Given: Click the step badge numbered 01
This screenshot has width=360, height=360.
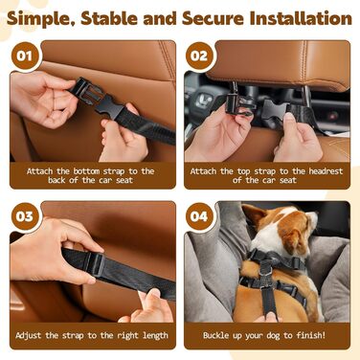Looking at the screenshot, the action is click(x=24, y=56).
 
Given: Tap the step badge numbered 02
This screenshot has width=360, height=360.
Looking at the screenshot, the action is click(x=199, y=56).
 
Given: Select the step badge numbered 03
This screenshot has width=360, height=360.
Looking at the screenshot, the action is click(x=24, y=216).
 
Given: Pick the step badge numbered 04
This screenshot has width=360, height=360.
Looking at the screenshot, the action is click(x=199, y=216).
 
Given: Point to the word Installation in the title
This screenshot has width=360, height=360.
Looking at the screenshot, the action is click(x=301, y=18).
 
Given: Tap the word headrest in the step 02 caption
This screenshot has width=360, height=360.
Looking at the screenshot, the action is click(x=326, y=171).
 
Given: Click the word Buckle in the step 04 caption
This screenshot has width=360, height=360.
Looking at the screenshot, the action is click(x=215, y=335).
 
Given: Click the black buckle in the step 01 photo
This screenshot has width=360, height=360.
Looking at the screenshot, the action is click(x=96, y=98).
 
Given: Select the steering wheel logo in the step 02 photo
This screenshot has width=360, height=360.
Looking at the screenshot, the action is click(x=202, y=100).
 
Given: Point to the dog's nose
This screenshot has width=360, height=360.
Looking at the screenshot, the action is click(x=313, y=218).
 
